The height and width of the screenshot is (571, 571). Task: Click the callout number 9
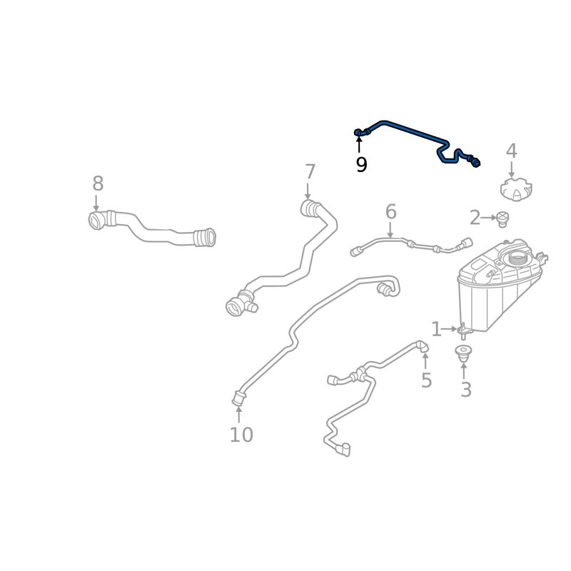click(x=361, y=165)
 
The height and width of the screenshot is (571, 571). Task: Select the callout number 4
click(x=511, y=151)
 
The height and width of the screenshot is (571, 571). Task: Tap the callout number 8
click(x=98, y=184)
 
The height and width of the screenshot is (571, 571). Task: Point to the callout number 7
click(x=310, y=172)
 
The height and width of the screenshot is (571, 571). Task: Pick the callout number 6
click(x=390, y=212)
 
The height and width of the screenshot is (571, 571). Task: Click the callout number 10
click(x=241, y=434)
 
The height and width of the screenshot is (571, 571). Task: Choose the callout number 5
click(x=426, y=380)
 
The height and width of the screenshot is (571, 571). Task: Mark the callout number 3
click(x=465, y=390)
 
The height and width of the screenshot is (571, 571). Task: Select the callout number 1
click(x=436, y=329)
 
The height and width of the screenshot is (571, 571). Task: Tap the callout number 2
click(x=475, y=218)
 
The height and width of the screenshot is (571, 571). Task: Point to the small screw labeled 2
click(x=502, y=218)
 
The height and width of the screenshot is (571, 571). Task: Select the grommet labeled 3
click(x=463, y=352)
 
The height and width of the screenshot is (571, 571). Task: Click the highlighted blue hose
click(x=407, y=131)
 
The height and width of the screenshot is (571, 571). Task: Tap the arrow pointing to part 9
click(x=359, y=145)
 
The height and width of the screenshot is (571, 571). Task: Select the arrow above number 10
click(x=238, y=413)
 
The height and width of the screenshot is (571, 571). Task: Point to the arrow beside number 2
click(x=490, y=217)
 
